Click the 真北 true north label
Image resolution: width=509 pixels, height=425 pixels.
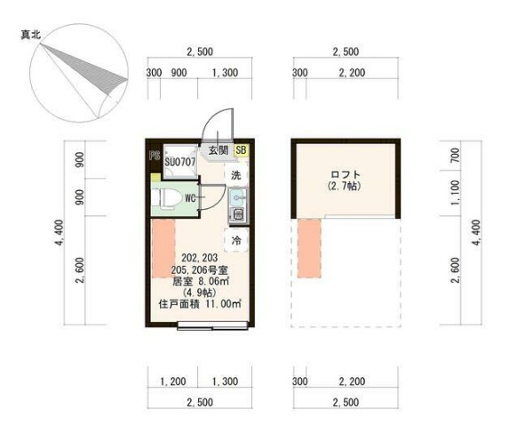pos(31,35)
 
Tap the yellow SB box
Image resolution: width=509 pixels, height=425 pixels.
pos(242,150)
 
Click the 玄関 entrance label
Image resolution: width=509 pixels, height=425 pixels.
pos(219,150)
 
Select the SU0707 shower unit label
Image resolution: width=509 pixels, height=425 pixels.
pos(180,162)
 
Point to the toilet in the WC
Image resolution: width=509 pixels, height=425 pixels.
pos(166,197)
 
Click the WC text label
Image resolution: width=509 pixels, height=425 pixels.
pos(190,197)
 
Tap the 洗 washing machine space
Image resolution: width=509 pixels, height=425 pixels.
pos(236,175)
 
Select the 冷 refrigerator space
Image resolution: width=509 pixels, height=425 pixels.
pos(236,240)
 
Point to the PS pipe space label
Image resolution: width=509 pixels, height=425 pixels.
pos(155,156)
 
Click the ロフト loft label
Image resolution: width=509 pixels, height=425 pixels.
pos(346,174)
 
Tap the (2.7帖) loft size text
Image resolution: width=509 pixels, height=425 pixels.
pos(346,186)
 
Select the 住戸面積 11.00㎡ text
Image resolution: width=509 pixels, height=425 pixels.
pos(200,304)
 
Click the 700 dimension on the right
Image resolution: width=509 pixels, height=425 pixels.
pos(456,156)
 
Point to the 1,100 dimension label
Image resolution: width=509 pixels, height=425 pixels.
pos(456,193)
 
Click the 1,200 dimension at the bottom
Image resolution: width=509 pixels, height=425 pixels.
pos(173,381)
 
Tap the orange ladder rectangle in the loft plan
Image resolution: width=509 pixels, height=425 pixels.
pos(309,249)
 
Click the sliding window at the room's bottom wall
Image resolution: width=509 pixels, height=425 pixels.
pos(212,325)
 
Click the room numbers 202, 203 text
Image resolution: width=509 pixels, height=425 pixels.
pos(200,258)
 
